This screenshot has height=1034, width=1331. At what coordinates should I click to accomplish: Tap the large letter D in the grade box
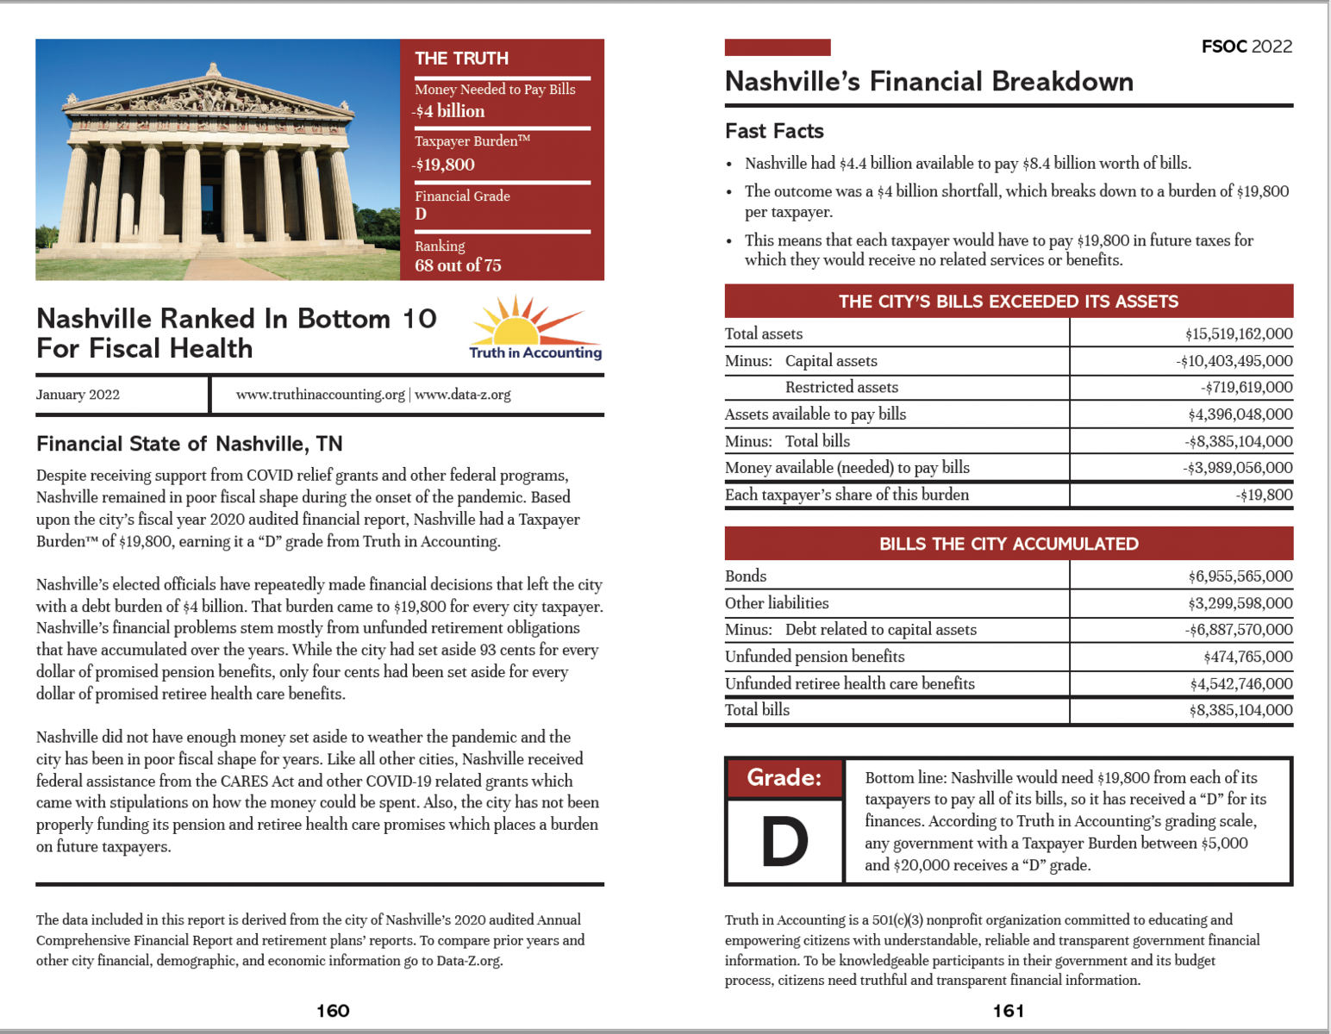[x=784, y=842]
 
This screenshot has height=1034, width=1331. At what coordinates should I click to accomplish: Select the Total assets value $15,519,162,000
[x=1238, y=333]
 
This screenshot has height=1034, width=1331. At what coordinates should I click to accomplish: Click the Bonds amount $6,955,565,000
[x=1240, y=576]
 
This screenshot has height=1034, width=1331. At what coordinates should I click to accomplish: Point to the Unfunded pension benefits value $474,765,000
[x=1247, y=657]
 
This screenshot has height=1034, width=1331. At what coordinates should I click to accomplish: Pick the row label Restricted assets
[x=841, y=387]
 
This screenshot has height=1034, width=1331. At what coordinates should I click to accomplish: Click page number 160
[x=333, y=1011]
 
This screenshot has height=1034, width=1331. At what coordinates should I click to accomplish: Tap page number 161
[x=1009, y=1011]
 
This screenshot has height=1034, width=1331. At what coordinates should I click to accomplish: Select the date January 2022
[x=78, y=395]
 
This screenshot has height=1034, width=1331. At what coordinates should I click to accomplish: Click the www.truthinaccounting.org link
[x=320, y=395]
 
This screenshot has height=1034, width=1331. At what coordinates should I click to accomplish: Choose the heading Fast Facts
[x=774, y=131]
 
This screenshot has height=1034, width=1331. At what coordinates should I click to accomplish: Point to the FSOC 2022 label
[x=1247, y=47]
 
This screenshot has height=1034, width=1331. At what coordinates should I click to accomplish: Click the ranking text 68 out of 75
[x=458, y=265]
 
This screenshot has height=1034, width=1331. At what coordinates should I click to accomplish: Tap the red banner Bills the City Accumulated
[x=1009, y=544]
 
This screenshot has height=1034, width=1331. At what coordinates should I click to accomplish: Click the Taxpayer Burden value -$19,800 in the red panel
[x=445, y=165]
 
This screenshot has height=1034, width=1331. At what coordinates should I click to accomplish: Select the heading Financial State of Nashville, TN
[x=190, y=444]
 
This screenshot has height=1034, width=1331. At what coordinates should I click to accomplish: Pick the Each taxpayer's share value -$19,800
[x=1263, y=495]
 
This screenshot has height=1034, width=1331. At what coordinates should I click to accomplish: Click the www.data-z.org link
[x=463, y=395]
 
